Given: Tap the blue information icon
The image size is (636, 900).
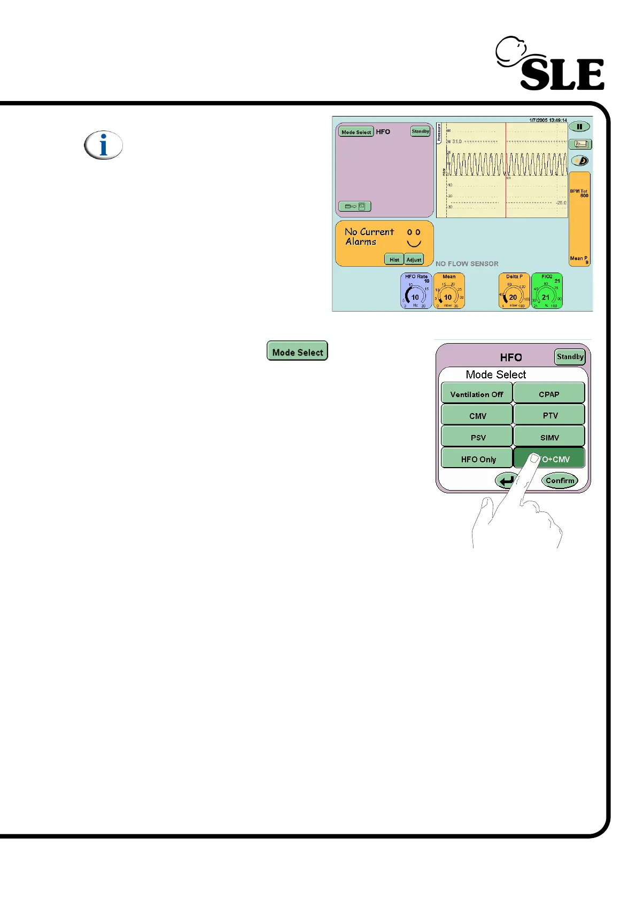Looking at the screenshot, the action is click(x=103, y=145).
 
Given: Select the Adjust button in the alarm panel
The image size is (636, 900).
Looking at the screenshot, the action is click(x=414, y=259).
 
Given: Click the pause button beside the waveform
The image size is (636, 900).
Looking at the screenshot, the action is click(x=579, y=127).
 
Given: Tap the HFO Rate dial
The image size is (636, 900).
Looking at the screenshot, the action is click(x=416, y=291).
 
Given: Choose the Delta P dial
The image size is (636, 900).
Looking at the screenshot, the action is click(x=514, y=291).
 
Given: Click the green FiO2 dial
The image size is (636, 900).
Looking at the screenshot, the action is click(x=546, y=291).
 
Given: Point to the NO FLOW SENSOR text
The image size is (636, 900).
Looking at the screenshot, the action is click(x=467, y=263).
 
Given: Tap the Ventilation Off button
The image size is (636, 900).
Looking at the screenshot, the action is click(x=477, y=394).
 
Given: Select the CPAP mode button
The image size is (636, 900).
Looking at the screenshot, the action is click(x=549, y=394).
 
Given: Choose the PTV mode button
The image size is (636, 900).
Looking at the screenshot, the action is click(x=549, y=415).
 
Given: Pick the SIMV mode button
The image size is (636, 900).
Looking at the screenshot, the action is click(x=549, y=437).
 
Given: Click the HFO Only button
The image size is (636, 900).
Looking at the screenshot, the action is click(x=478, y=459).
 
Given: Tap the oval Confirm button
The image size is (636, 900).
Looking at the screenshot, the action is click(x=560, y=480).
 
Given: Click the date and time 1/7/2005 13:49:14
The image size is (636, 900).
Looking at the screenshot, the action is click(x=548, y=120).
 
